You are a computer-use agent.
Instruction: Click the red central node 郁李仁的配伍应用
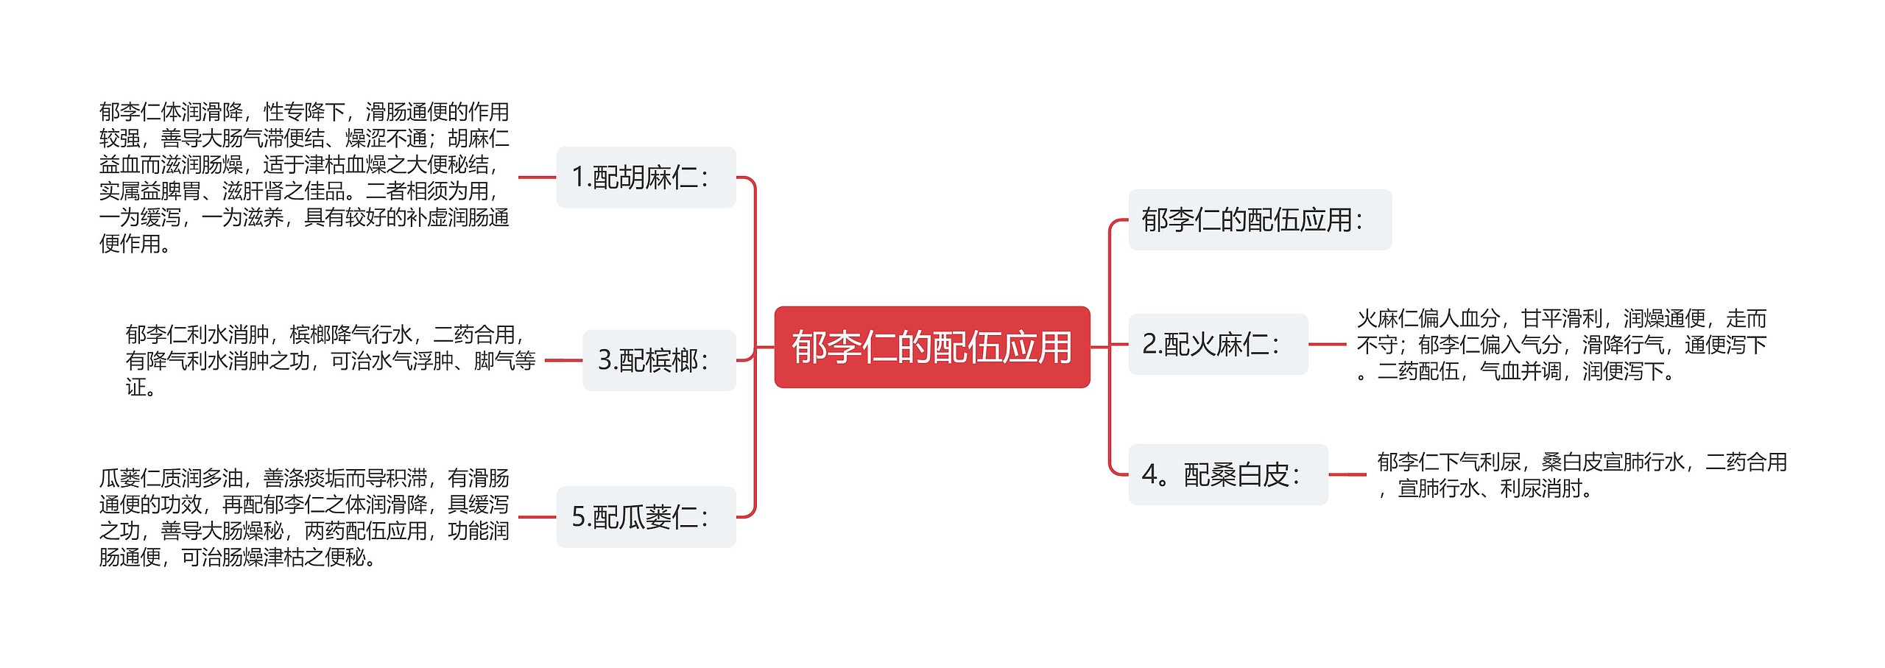pyautogui.click(x=931, y=347)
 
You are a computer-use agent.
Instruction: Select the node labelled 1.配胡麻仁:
pyautogui.click(x=646, y=177)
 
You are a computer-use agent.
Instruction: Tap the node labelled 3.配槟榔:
pyautogui.click(x=659, y=360)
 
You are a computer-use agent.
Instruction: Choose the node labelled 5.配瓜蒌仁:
pyautogui.click(x=646, y=517)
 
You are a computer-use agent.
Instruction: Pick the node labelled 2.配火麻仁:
pyautogui.click(x=1218, y=344)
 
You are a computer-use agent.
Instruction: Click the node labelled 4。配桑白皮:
pyautogui.click(x=1227, y=475)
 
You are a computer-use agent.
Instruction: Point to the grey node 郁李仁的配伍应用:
pyautogui.click(x=1259, y=219)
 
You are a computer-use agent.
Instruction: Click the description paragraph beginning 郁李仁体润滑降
pyautogui.click(x=304, y=177)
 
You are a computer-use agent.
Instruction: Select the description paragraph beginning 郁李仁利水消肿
pyautogui.click(x=330, y=360)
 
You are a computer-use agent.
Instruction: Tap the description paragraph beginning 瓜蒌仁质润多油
pyautogui.click(x=304, y=517)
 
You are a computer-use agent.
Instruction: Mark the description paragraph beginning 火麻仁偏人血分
pyautogui.click(x=1561, y=345)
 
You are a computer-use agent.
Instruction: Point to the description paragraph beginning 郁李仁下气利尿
pyautogui.click(x=1582, y=475)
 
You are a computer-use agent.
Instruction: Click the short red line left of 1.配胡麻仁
pyautogui.click(x=537, y=177)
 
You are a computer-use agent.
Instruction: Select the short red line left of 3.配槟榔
pyautogui.click(x=563, y=360)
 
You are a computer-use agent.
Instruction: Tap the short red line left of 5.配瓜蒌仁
pyautogui.click(x=537, y=517)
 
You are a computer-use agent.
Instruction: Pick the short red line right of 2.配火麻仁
pyautogui.click(x=1328, y=344)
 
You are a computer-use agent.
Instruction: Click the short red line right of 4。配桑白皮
pyautogui.click(x=1347, y=475)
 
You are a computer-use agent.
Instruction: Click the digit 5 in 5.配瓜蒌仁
pyautogui.click(x=578, y=518)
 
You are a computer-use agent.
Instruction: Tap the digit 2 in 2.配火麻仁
pyautogui.click(x=1149, y=345)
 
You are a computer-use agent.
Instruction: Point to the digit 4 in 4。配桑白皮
pyautogui.click(x=1149, y=475)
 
